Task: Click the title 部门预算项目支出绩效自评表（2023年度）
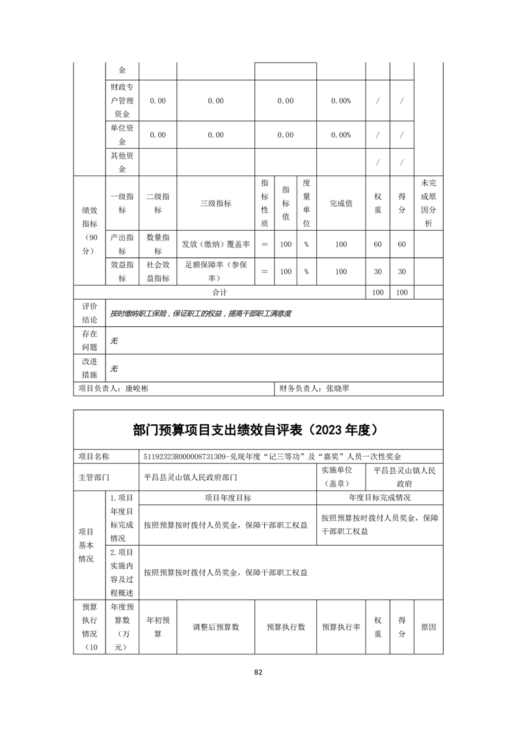[x=258, y=430]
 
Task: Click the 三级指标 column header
[x=215, y=203]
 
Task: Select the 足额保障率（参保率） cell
[x=215, y=272]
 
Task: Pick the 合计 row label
[x=220, y=293]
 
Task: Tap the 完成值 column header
[x=340, y=203]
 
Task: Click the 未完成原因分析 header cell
[x=428, y=203]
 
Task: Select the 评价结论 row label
[x=89, y=313]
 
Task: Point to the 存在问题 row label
[x=89, y=340]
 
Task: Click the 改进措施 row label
[x=89, y=368]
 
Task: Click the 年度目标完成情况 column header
[x=379, y=498]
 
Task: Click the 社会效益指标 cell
[x=157, y=272]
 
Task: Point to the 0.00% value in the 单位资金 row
[x=340, y=135]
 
